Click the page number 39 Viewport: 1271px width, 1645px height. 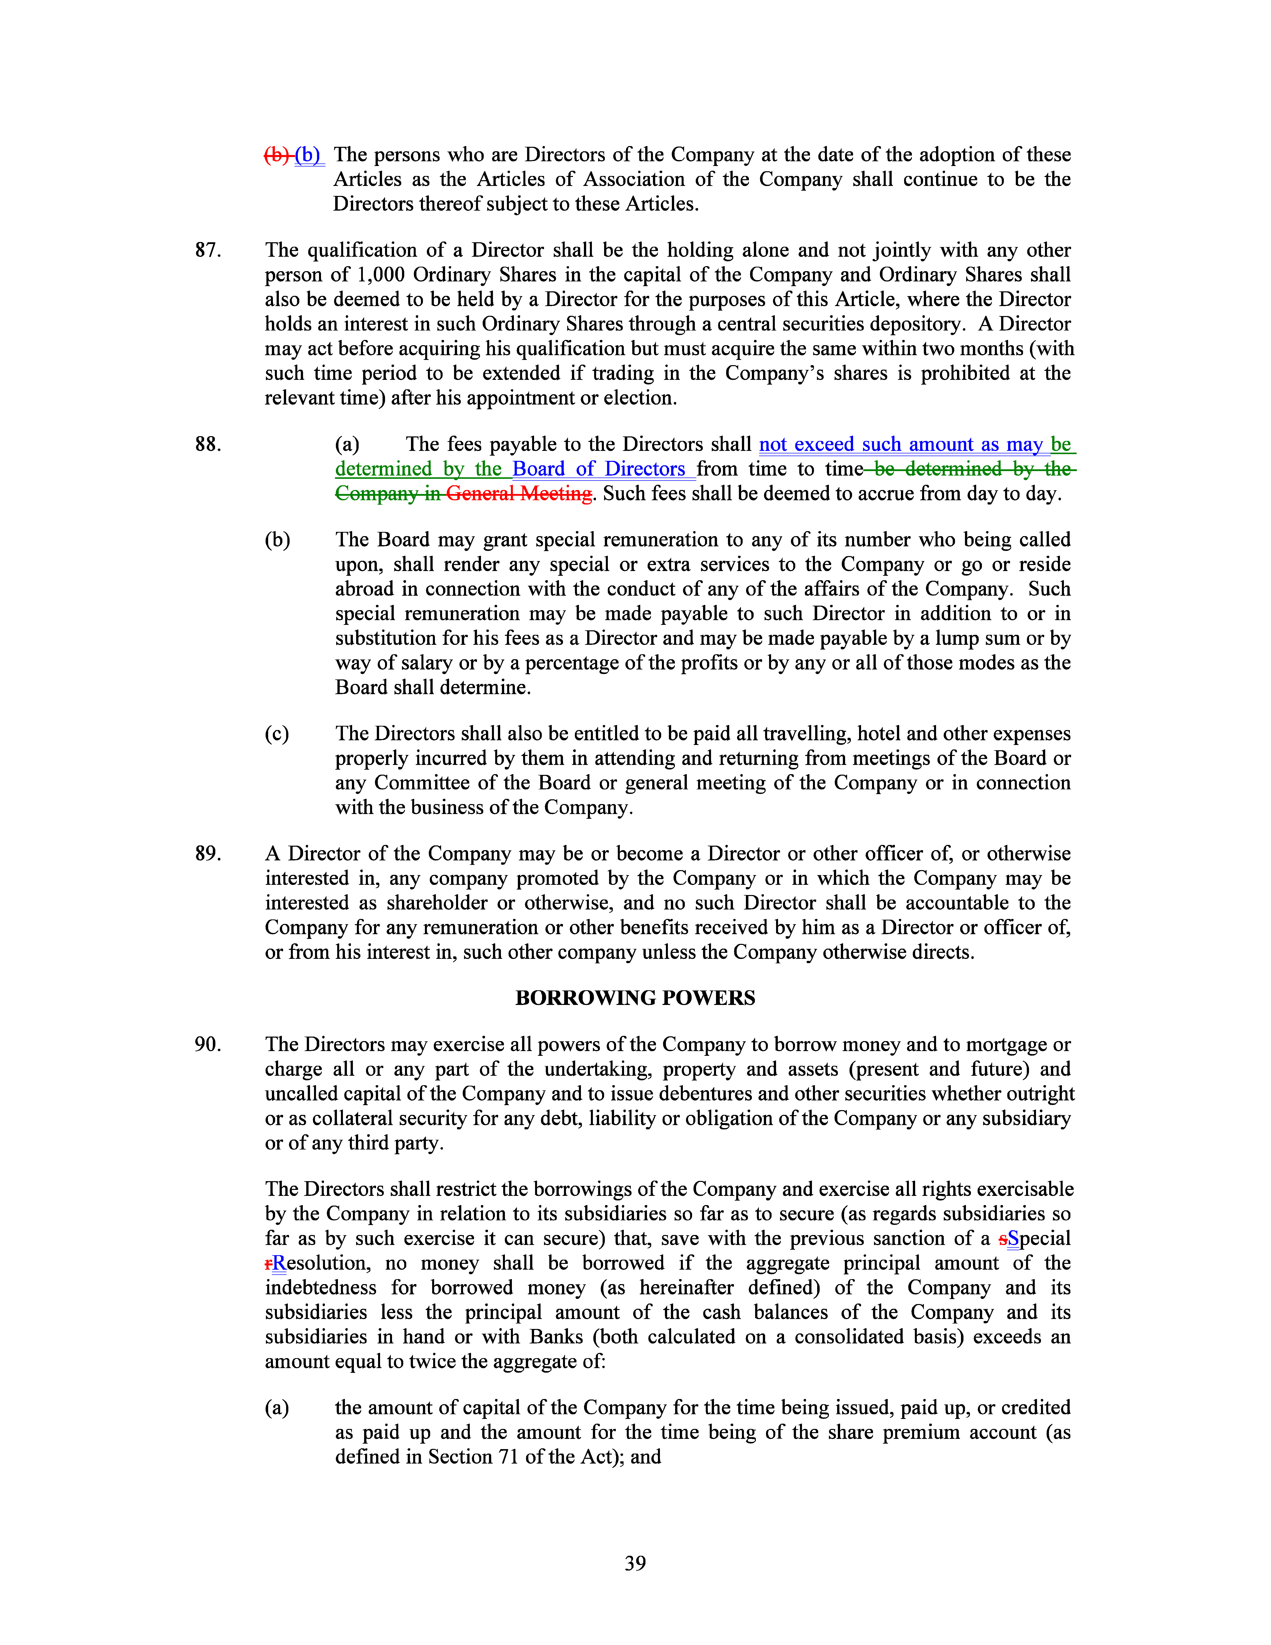635,1563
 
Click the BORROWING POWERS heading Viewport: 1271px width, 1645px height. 635,998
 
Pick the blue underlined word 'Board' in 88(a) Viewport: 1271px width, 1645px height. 538,469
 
